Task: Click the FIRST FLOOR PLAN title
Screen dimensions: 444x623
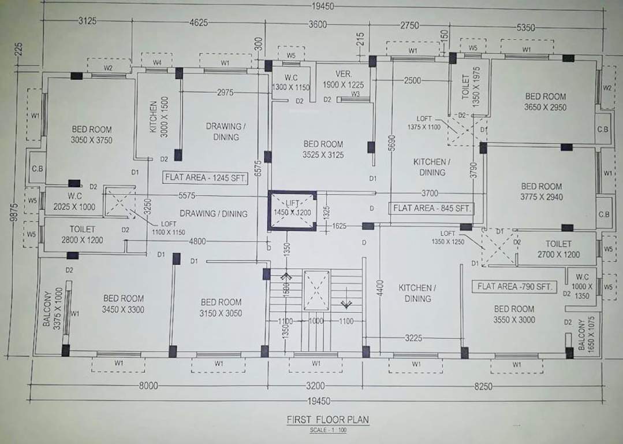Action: (327, 420)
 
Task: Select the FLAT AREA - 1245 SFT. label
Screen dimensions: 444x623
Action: (206, 178)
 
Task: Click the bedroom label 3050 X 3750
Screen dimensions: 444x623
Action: (91, 135)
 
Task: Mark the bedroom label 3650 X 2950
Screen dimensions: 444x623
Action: (545, 102)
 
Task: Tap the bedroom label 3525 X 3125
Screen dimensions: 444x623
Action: (323, 149)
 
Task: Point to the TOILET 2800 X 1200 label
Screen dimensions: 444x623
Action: (82, 235)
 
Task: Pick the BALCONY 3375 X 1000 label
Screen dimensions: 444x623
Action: (51, 309)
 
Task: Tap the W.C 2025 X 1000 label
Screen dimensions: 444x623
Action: (74, 201)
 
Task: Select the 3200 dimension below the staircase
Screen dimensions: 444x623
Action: (315, 386)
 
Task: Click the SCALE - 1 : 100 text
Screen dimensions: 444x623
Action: (327, 431)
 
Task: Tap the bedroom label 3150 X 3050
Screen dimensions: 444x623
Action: (221, 308)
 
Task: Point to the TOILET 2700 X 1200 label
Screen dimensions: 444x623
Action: (558, 249)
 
